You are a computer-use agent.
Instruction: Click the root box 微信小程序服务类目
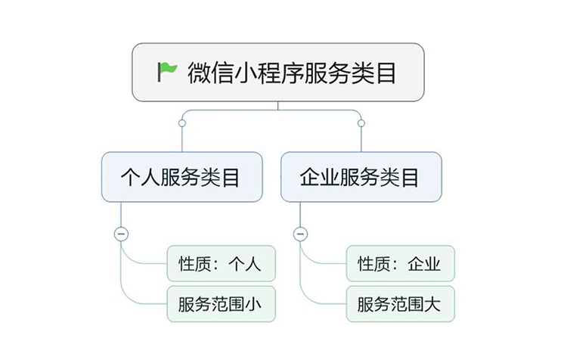click(x=277, y=72)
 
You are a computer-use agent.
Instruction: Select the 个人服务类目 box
click(x=181, y=177)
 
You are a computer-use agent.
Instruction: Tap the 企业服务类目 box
click(x=361, y=177)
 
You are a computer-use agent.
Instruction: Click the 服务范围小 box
click(x=221, y=304)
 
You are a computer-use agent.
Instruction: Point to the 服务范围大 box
click(x=400, y=304)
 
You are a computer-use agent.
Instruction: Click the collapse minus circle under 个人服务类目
click(x=121, y=234)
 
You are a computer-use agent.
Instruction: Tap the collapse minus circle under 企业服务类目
click(x=300, y=234)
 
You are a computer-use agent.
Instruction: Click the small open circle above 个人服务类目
click(x=181, y=123)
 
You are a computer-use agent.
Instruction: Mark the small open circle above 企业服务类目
click(x=361, y=123)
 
